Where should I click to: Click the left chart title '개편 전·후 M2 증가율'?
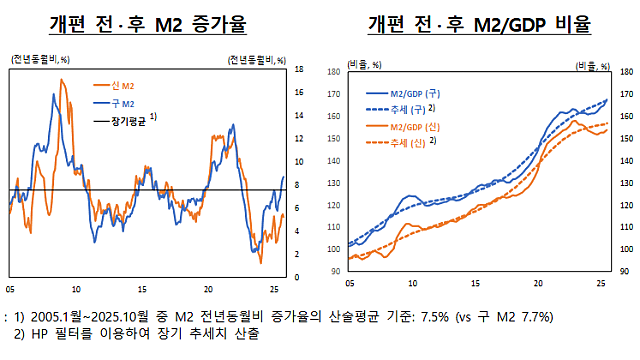[x=148, y=23]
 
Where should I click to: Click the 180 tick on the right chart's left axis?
[x=334, y=73]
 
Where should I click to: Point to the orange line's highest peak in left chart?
[x=64, y=80]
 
